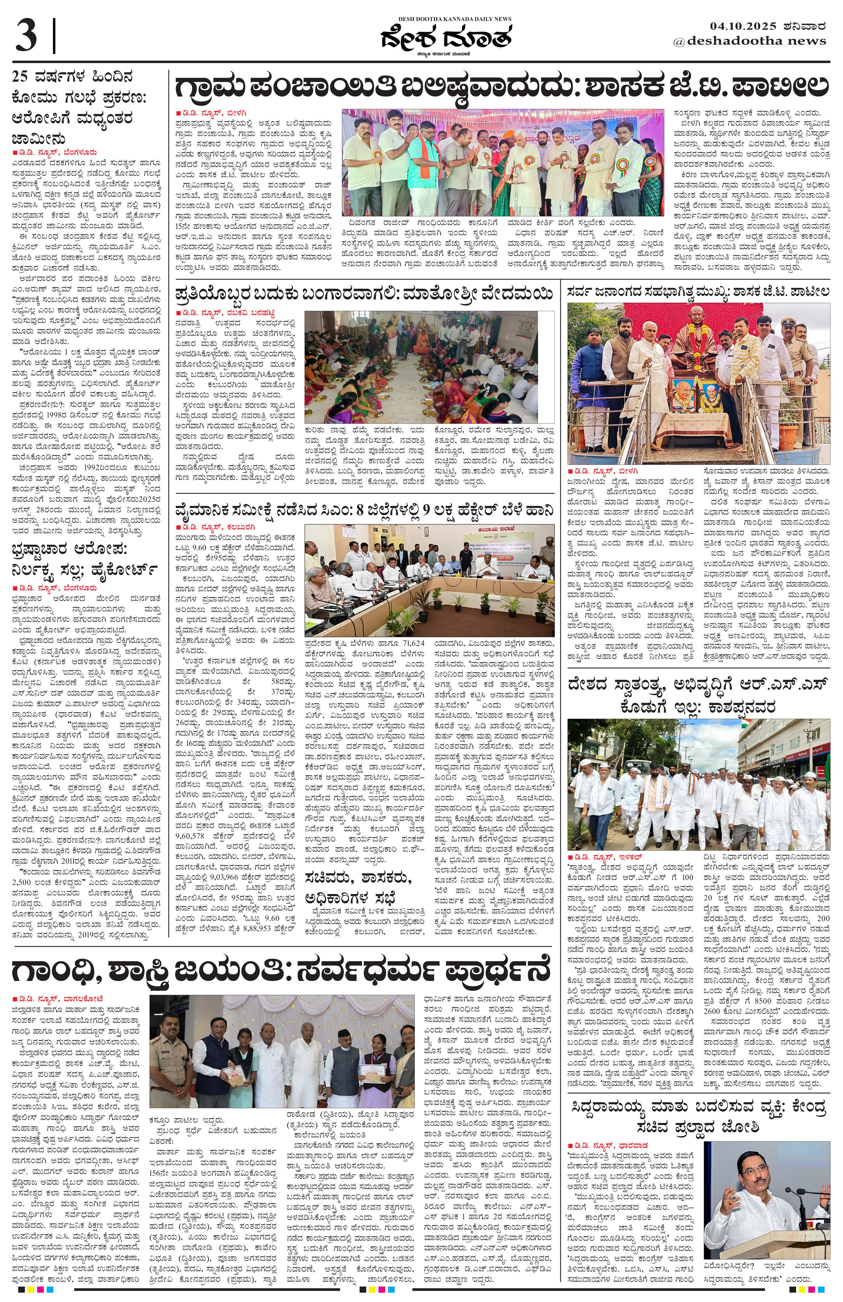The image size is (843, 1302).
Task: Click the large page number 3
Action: click(x=26, y=35)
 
